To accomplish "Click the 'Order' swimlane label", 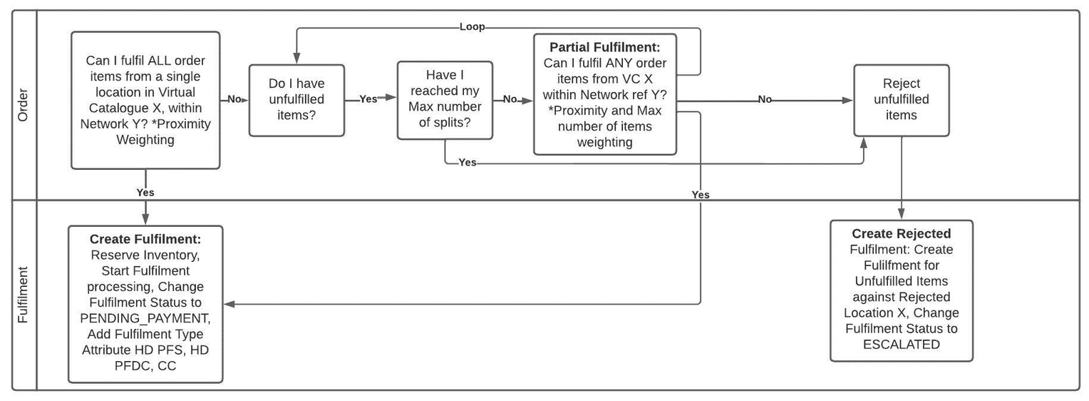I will [x=23, y=104].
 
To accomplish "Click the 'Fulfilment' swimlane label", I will [x=23, y=295].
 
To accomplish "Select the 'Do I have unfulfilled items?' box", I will [x=296, y=100].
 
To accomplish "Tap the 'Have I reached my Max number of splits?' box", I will [x=445, y=100].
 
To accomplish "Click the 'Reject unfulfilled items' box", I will [x=901, y=100].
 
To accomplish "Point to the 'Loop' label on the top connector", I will [x=472, y=27].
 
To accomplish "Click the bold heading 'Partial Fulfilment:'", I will [x=604, y=48].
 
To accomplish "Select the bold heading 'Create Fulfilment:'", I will [x=145, y=240].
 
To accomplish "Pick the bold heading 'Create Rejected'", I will [x=901, y=234].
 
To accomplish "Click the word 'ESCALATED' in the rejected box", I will [x=901, y=345].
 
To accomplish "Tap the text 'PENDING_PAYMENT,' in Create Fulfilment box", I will [x=145, y=318].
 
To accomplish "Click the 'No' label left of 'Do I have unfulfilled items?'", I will [x=234, y=100].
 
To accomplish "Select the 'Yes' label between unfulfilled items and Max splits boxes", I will [x=368, y=100].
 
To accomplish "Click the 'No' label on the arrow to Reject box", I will [x=765, y=100].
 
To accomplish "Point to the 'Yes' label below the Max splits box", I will [x=468, y=163].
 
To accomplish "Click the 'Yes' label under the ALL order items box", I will [x=145, y=193].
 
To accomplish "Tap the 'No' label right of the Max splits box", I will [x=510, y=100].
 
